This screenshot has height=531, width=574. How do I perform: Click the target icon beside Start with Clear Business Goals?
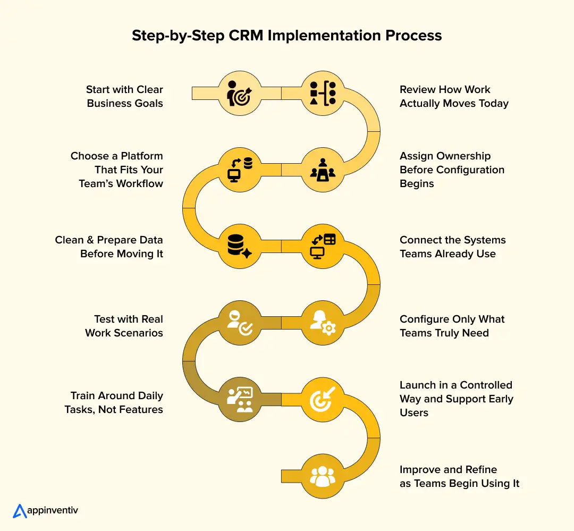click(239, 93)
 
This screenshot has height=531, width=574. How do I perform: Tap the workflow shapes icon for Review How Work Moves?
click(323, 93)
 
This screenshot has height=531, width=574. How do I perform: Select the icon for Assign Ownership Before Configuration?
click(323, 170)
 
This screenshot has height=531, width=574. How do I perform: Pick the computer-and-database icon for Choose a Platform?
click(240, 170)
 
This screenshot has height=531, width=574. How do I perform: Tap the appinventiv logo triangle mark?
click(20, 511)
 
